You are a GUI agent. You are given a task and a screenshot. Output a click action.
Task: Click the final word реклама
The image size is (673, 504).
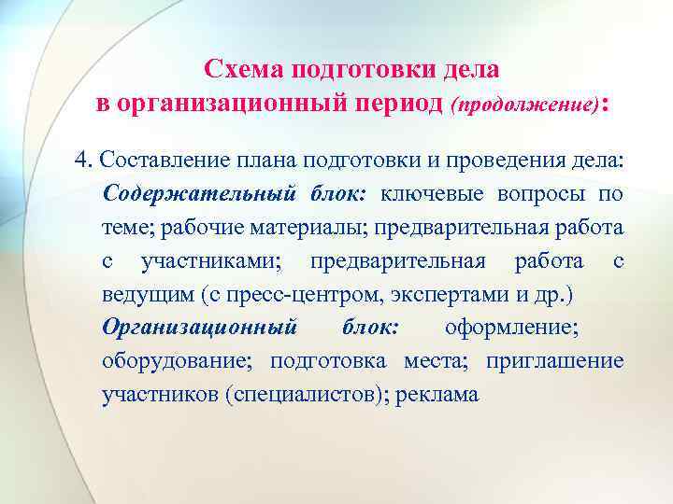438,395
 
